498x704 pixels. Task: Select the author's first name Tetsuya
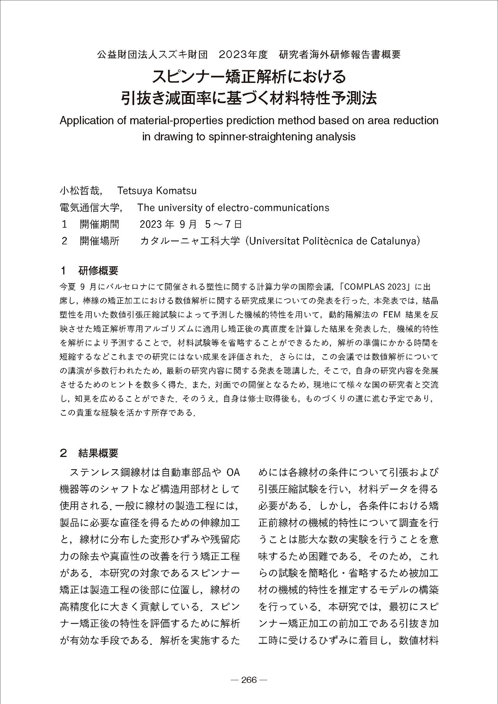(134, 191)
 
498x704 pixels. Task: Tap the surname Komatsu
(176, 191)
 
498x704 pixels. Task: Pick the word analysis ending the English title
(336, 137)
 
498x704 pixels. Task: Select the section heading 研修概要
(98, 271)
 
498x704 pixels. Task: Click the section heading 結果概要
(98, 453)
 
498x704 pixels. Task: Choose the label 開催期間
(100, 224)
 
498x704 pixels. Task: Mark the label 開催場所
(100, 241)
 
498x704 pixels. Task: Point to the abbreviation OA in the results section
(233, 472)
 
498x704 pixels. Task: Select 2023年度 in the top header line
(243, 55)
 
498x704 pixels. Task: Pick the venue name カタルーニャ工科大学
(190, 241)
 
